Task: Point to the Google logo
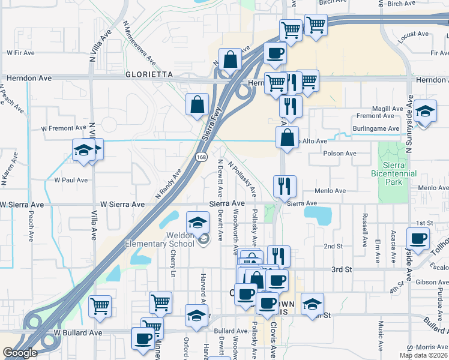pos(20,353)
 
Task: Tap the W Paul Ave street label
pos(71,179)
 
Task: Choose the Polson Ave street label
pos(340,154)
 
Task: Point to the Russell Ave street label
pos(364,230)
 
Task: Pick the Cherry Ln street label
pos(173,263)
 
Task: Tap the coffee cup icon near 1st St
pos(418,238)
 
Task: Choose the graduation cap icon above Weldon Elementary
pos(197,223)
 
